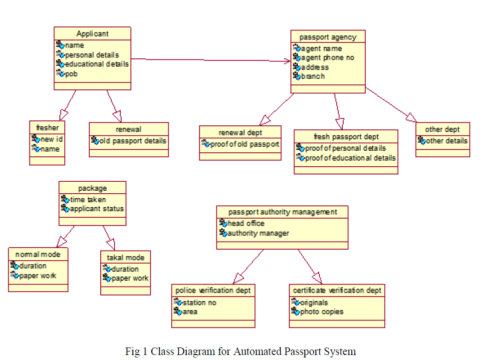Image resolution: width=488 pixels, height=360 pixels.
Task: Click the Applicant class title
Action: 92,34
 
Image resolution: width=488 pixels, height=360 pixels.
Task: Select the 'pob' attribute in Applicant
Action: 71,73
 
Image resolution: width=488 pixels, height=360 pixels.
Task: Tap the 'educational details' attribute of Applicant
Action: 97,64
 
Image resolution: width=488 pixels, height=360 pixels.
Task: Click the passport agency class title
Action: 328,37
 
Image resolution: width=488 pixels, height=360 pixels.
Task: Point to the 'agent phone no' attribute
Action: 327,58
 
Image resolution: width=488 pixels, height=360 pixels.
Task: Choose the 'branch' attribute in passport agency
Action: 313,76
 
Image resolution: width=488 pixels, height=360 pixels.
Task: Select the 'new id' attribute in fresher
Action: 52,139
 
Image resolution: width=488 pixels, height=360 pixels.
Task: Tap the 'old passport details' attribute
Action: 132,141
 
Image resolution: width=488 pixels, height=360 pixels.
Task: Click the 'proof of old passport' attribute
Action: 244,144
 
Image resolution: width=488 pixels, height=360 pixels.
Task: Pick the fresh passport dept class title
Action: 346,136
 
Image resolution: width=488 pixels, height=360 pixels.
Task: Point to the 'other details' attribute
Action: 446,141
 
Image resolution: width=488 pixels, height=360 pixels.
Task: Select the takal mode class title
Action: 125,258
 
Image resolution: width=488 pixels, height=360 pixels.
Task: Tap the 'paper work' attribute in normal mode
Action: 38,276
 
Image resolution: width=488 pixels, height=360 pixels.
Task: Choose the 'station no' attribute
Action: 200,303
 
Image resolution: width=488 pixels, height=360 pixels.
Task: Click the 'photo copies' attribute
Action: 322,312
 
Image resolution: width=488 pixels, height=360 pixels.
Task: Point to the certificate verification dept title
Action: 337,290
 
